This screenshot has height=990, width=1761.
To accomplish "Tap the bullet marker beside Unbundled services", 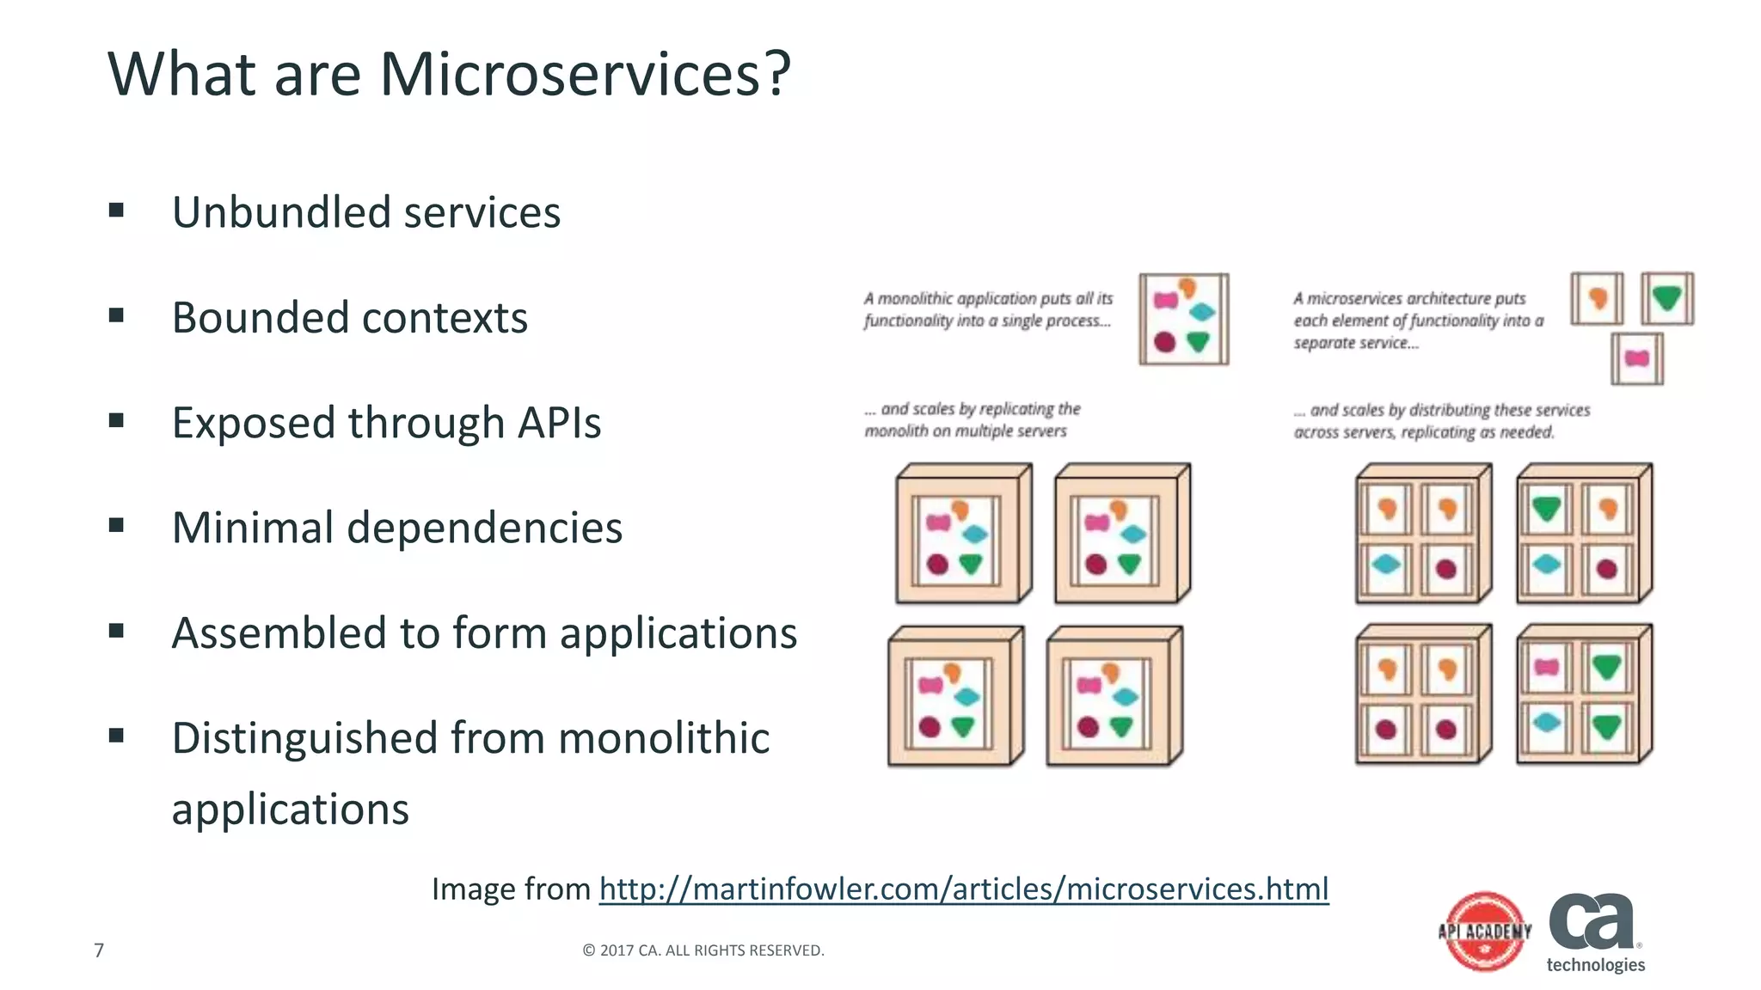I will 117,211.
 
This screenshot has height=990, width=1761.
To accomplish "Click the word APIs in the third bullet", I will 559,423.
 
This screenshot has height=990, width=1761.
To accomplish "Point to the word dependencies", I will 484,528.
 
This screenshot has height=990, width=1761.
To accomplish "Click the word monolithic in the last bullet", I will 665,738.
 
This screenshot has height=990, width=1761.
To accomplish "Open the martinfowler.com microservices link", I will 964,889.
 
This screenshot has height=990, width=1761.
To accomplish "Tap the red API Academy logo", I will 1485,932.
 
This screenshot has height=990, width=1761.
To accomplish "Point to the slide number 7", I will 99,950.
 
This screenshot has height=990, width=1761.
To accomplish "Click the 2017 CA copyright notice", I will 703,950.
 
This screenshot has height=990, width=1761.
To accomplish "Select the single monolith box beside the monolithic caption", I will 1184,320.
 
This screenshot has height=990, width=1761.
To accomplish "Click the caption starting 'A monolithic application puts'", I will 988,309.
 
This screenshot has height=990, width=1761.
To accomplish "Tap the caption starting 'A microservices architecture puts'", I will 1418,321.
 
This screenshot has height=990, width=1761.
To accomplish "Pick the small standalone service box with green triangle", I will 1666,298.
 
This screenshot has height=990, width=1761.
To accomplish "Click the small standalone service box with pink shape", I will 1636,358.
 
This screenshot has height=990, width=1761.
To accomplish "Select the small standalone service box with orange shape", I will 1597,298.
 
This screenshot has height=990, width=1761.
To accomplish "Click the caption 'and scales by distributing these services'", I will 1442,421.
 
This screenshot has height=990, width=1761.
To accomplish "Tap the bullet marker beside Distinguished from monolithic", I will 117,736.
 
